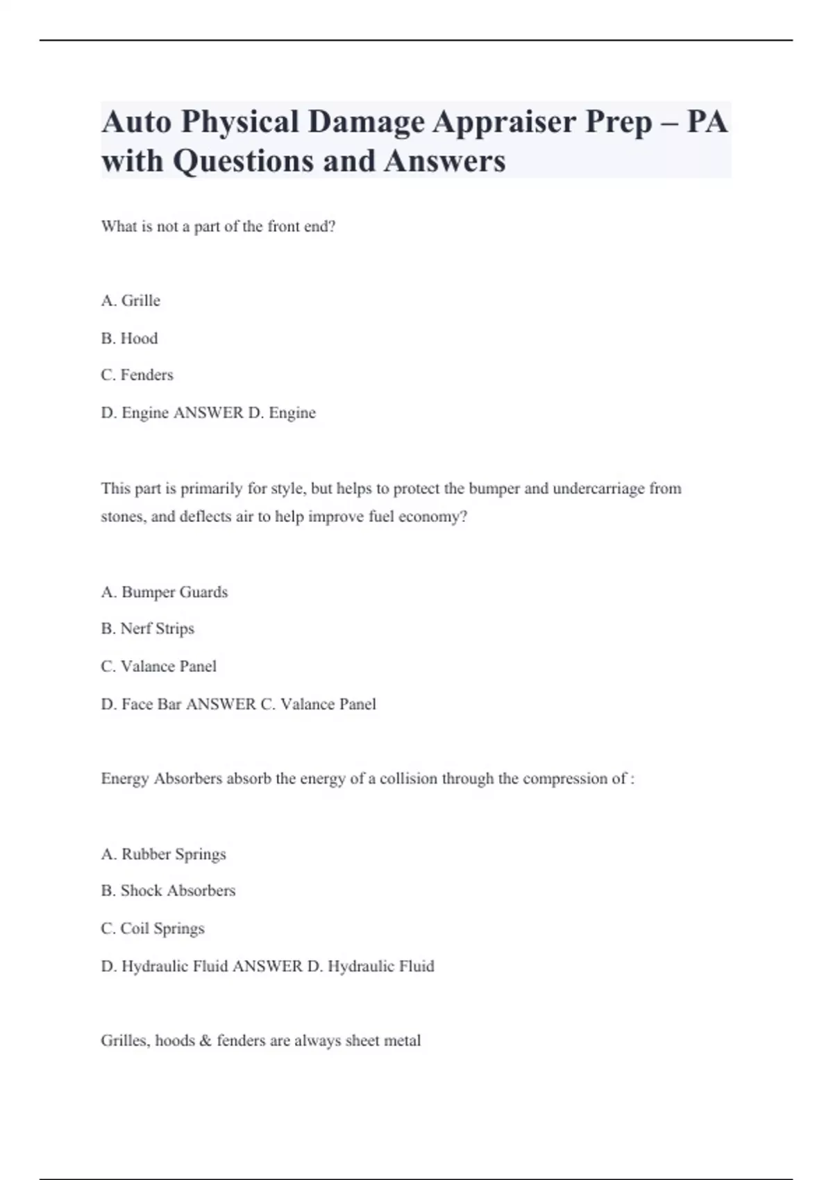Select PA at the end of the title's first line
[707, 122]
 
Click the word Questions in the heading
[241, 161]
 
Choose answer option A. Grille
[131, 301]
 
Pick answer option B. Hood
[129, 338]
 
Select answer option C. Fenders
[137, 375]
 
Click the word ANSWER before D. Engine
[208, 413]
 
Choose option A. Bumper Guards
[165, 592]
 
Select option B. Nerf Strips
[147, 629]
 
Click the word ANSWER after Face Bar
[221, 705]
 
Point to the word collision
[408, 779]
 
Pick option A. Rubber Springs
[163, 854]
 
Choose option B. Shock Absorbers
[168, 891]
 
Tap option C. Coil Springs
[153, 929]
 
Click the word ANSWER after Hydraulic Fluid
[268, 966]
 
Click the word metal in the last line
[403, 1041]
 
